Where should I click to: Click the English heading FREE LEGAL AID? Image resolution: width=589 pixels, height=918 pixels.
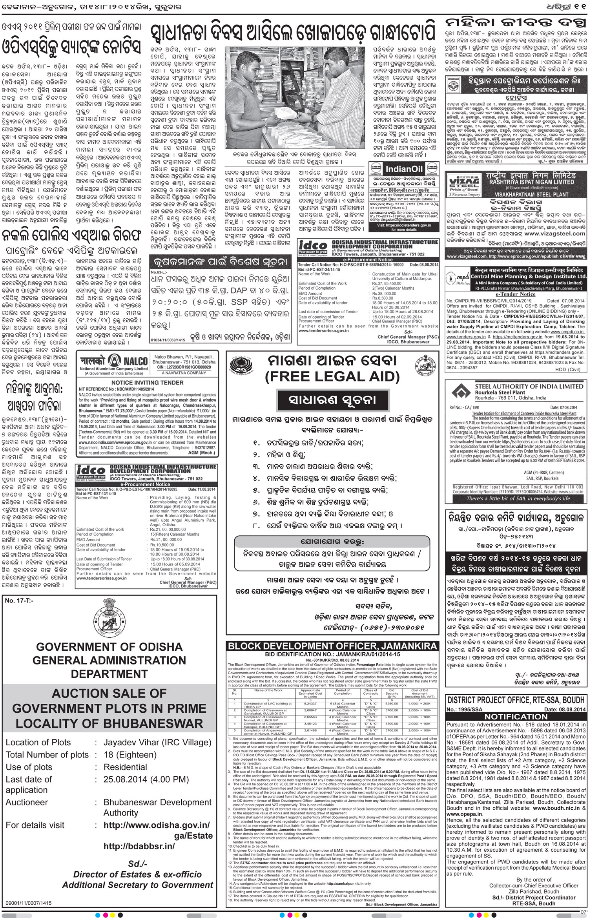tap(332, 376)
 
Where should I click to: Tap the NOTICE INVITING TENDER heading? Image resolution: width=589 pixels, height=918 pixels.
tap(147, 382)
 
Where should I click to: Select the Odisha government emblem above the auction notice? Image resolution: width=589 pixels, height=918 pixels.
tap(109, 619)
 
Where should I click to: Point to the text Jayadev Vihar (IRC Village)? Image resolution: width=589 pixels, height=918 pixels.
tap(157, 742)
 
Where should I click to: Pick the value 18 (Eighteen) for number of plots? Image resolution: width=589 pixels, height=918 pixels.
tap(130, 754)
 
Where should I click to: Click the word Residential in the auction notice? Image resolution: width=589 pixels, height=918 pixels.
tap(125, 767)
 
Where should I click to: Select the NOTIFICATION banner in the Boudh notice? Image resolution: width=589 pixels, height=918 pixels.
tap(515, 716)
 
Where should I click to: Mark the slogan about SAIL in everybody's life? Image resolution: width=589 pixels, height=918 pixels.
tap(518, 498)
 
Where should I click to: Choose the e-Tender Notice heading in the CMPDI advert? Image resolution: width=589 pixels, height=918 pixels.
tap(515, 294)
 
